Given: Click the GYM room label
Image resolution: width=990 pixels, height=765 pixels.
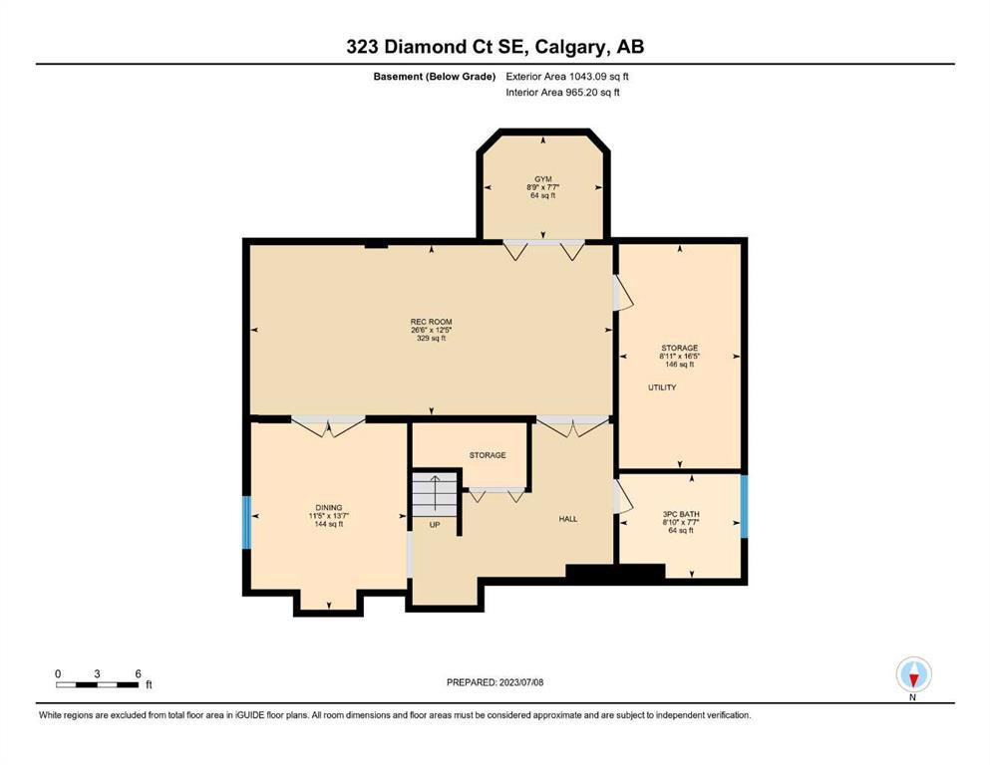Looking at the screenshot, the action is click(543, 179).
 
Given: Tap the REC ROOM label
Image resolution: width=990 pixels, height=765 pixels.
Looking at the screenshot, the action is click(432, 322).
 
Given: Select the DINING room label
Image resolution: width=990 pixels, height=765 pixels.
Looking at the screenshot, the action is click(329, 508).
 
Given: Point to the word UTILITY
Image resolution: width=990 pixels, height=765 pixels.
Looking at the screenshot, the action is click(662, 387).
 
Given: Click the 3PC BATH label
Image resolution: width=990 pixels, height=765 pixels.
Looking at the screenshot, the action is click(681, 514).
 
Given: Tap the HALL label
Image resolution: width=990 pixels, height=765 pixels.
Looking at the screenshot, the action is click(568, 519).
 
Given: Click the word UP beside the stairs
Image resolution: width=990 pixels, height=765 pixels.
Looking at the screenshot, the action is click(435, 525).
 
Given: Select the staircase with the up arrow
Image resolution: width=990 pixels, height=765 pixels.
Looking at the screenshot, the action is click(435, 493).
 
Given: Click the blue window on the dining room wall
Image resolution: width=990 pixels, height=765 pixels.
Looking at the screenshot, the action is click(247, 522).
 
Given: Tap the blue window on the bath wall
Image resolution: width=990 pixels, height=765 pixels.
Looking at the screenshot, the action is click(745, 506).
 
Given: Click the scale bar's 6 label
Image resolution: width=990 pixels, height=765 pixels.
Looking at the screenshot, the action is click(138, 673).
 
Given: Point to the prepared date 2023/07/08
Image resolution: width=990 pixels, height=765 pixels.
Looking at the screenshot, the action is click(520, 682).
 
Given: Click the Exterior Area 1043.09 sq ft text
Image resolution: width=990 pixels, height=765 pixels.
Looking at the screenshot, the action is click(567, 77).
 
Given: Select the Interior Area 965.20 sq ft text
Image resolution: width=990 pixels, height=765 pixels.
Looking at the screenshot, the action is click(562, 92).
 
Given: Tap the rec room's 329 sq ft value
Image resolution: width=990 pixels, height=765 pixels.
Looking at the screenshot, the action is click(432, 338).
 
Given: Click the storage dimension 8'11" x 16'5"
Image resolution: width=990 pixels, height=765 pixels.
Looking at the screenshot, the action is click(679, 356).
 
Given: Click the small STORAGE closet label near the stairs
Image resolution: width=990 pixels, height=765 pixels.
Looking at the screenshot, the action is click(488, 454).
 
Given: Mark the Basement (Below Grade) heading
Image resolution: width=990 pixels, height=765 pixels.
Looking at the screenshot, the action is click(435, 77).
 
